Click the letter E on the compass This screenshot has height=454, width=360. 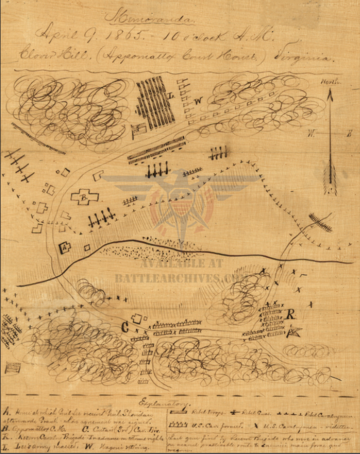[x=349, y=133]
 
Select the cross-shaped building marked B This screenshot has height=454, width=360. [x=85, y=197]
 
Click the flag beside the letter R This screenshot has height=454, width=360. [x=294, y=331]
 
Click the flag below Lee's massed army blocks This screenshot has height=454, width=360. [x=139, y=129]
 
